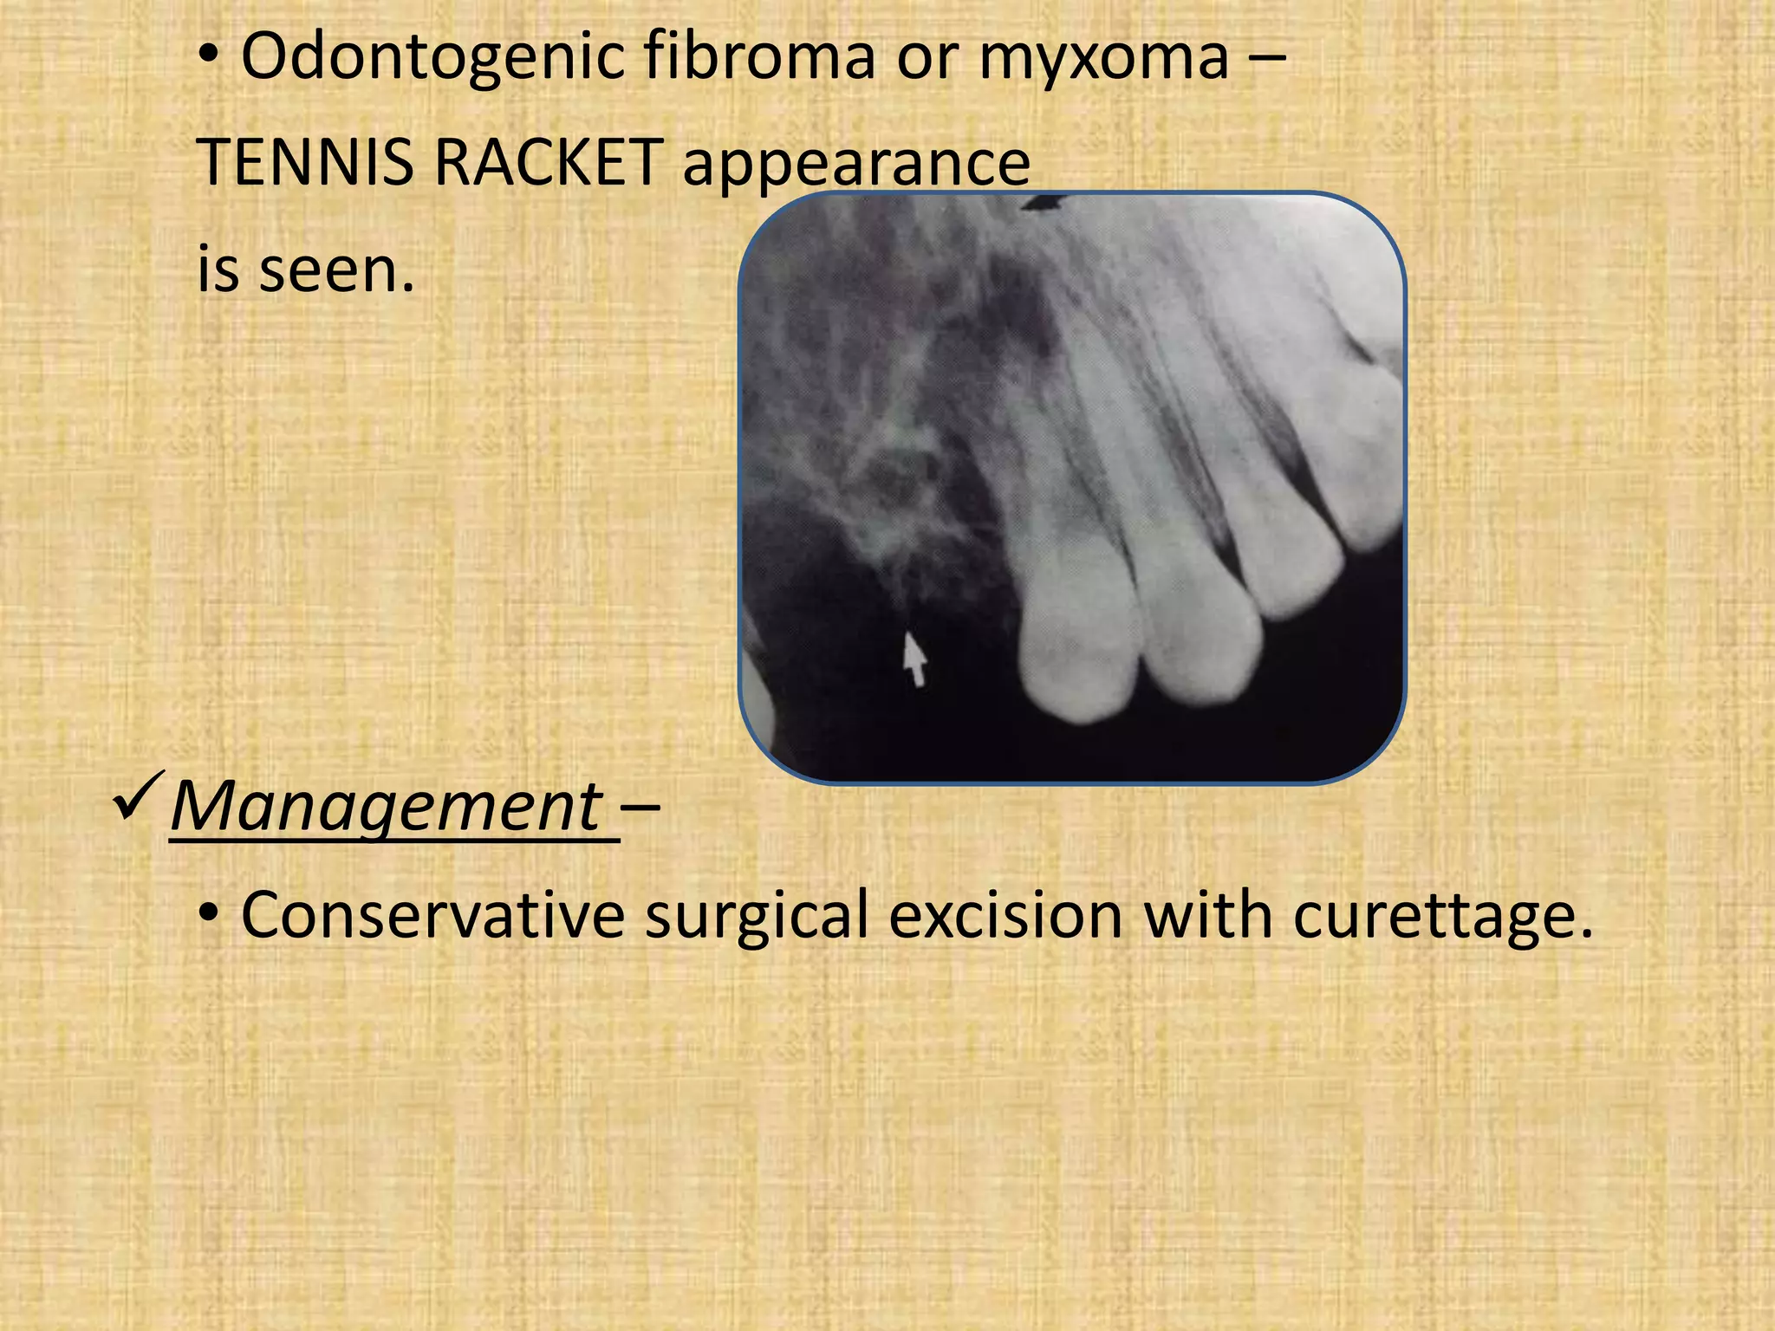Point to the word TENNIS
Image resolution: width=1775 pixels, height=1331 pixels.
click(306, 163)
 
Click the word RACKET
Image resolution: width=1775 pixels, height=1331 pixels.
click(548, 163)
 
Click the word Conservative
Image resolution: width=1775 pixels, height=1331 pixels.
click(432, 915)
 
